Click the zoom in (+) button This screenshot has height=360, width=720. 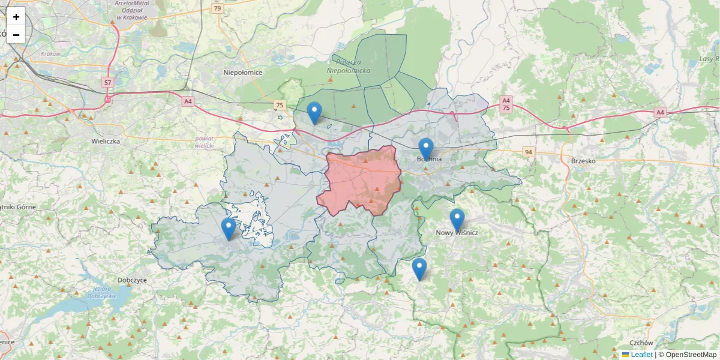click(x=16, y=17)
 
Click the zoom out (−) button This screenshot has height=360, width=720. click(x=16, y=35)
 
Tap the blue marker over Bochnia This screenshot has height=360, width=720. click(x=425, y=149)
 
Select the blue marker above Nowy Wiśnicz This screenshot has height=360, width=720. click(x=457, y=220)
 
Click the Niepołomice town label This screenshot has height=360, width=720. click(x=243, y=73)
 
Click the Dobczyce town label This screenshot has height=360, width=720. click(x=133, y=280)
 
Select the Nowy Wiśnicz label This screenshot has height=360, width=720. click(x=457, y=233)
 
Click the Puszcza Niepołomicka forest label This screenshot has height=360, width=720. click(x=349, y=66)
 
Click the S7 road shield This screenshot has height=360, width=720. click(x=107, y=82)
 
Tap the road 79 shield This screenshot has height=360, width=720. click(x=217, y=8)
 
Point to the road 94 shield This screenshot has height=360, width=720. click(x=528, y=152)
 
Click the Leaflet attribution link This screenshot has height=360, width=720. click(x=641, y=355)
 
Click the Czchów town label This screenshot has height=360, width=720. click(x=641, y=343)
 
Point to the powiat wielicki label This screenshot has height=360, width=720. click(x=205, y=142)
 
